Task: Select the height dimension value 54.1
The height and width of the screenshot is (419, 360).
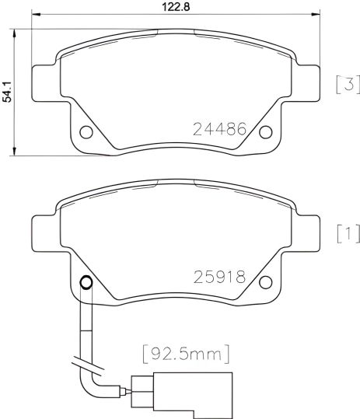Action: [x=8, y=92]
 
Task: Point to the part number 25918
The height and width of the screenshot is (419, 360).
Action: [x=219, y=277]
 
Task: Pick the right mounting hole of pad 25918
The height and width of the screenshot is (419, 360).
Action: [x=265, y=281]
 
